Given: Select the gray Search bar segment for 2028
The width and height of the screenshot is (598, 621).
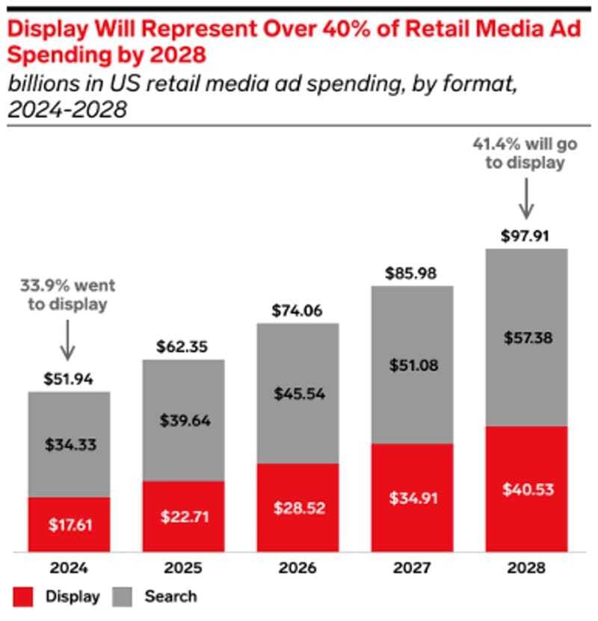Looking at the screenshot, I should point(526,336).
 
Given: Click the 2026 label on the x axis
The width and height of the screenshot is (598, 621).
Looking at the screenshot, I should point(298,568).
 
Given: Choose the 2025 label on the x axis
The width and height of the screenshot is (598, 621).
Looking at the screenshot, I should point(184,568).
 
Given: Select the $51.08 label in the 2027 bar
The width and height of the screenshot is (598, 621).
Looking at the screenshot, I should point(412,365).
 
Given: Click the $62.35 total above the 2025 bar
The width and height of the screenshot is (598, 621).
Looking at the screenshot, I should point(184,347).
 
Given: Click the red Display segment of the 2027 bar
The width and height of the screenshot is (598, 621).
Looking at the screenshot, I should point(412,497).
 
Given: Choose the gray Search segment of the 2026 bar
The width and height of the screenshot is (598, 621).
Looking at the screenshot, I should point(298,393).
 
